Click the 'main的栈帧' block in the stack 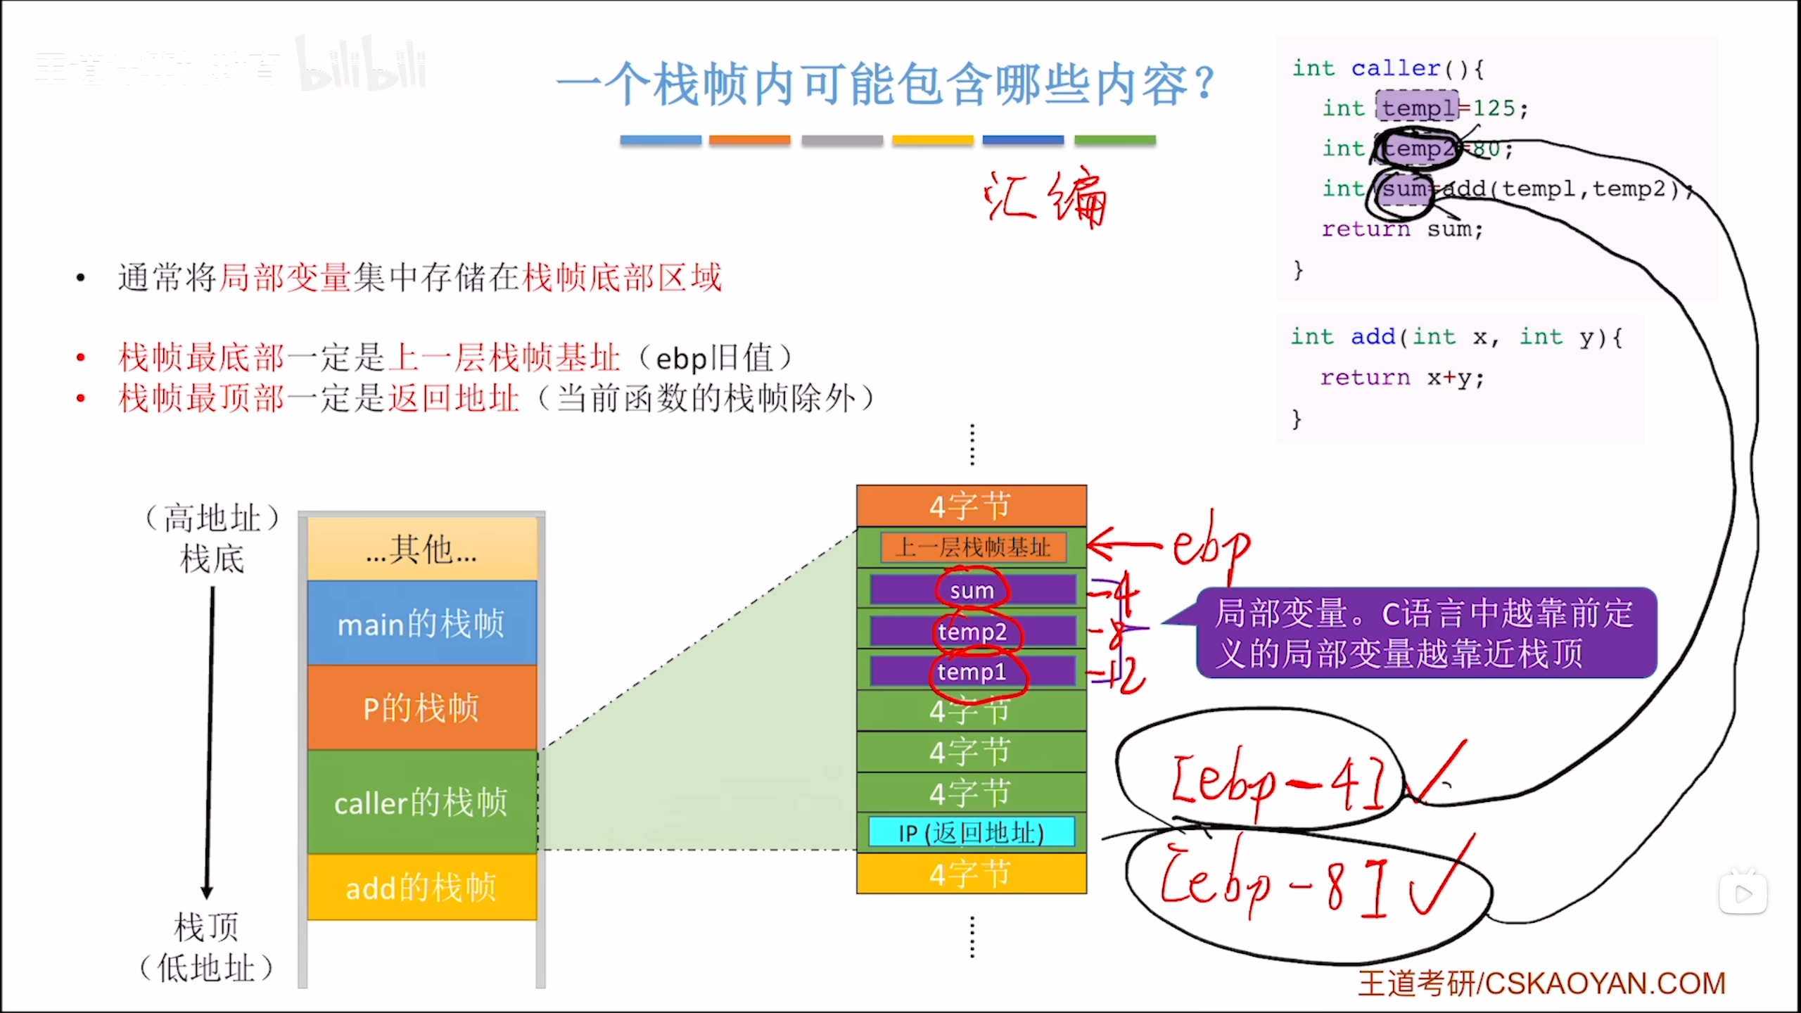tap(421, 623)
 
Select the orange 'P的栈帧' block tap(421, 708)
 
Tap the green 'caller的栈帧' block tap(421, 802)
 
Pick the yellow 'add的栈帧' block tap(421, 887)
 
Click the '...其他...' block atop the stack tap(421, 549)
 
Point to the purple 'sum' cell tap(972, 590)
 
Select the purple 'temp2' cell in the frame tap(972, 631)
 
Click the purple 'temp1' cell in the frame tap(972, 671)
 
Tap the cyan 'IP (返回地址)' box tap(972, 832)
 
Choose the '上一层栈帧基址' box tap(973, 547)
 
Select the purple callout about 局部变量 tap(1426, 632)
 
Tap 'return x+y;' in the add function tap(1402, 378)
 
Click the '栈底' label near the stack tap(212, 559)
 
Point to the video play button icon tap(1743, 893)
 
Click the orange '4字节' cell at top tap(971, 506)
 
